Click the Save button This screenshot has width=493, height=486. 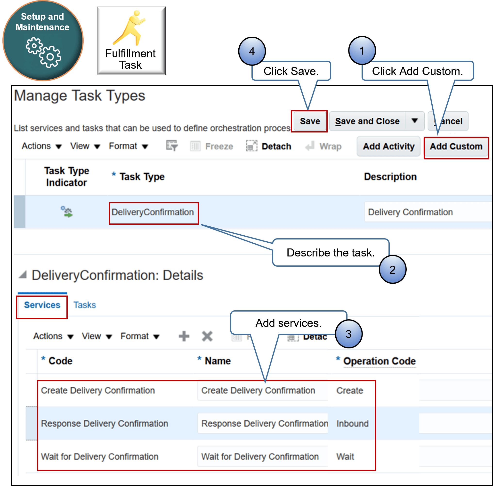(310, 121)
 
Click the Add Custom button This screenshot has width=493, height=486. (456, 147)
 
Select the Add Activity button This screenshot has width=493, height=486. (388, 147)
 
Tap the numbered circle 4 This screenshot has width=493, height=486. (252, 51)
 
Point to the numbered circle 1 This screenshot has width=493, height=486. (362, 50)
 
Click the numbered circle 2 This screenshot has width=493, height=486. (393, 270)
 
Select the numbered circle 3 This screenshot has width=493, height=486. (349, 334)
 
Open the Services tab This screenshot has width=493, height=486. (42, 305)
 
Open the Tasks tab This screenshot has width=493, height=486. (85, 305)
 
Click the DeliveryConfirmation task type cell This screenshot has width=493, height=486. (153, 212)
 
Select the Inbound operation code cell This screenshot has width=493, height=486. (352, 424)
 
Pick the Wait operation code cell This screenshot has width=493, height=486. (345, 457)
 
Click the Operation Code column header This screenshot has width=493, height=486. (379, 361)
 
